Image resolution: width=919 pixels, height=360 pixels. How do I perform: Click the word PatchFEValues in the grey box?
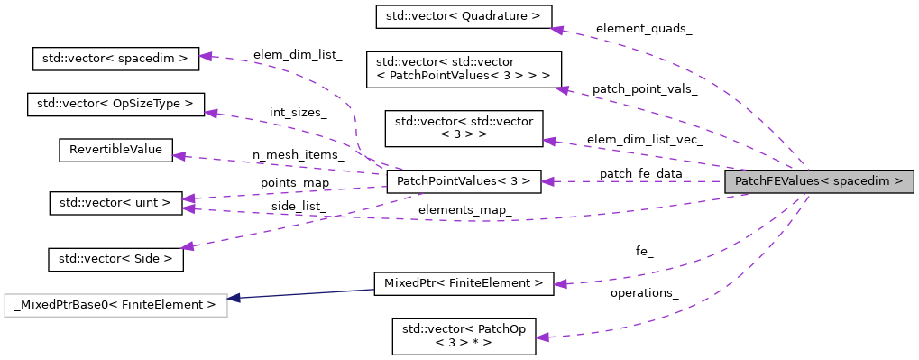[777, 181]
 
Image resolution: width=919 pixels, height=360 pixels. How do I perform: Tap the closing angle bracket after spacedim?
[898, 181]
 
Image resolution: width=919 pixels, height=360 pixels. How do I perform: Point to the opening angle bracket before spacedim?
[825, 181]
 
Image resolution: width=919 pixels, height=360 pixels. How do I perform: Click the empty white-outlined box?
[115, 305]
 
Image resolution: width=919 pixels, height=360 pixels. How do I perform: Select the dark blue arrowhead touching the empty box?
[234, 298]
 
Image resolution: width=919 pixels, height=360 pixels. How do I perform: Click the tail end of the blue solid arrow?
[373, 290]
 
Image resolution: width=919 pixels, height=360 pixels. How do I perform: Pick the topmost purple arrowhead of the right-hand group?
[557, 31]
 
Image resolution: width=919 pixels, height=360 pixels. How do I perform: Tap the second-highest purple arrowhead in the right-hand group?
[563, 90]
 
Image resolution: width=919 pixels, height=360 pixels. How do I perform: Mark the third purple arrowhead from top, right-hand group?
[549, 142]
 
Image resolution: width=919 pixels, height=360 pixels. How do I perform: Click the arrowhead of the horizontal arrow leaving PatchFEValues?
[547, 181]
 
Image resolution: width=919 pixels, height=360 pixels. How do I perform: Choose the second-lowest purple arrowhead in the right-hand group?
[560, 284]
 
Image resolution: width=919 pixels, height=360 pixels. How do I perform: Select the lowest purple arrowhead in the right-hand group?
[542, 337]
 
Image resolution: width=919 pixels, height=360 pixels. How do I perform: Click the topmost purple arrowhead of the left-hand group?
[206, 57]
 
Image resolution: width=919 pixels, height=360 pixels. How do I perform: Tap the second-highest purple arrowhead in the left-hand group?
[211, 114]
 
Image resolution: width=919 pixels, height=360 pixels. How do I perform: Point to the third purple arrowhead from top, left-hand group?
[179, 156]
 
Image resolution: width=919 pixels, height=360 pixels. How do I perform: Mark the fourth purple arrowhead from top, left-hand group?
[188, 198]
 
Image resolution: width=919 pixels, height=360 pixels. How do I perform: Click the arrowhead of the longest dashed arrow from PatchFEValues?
[188, 209]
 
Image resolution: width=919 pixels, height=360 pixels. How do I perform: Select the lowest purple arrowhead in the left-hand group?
[187, 246]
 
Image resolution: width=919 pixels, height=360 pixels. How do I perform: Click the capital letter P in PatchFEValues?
[739, 181]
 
